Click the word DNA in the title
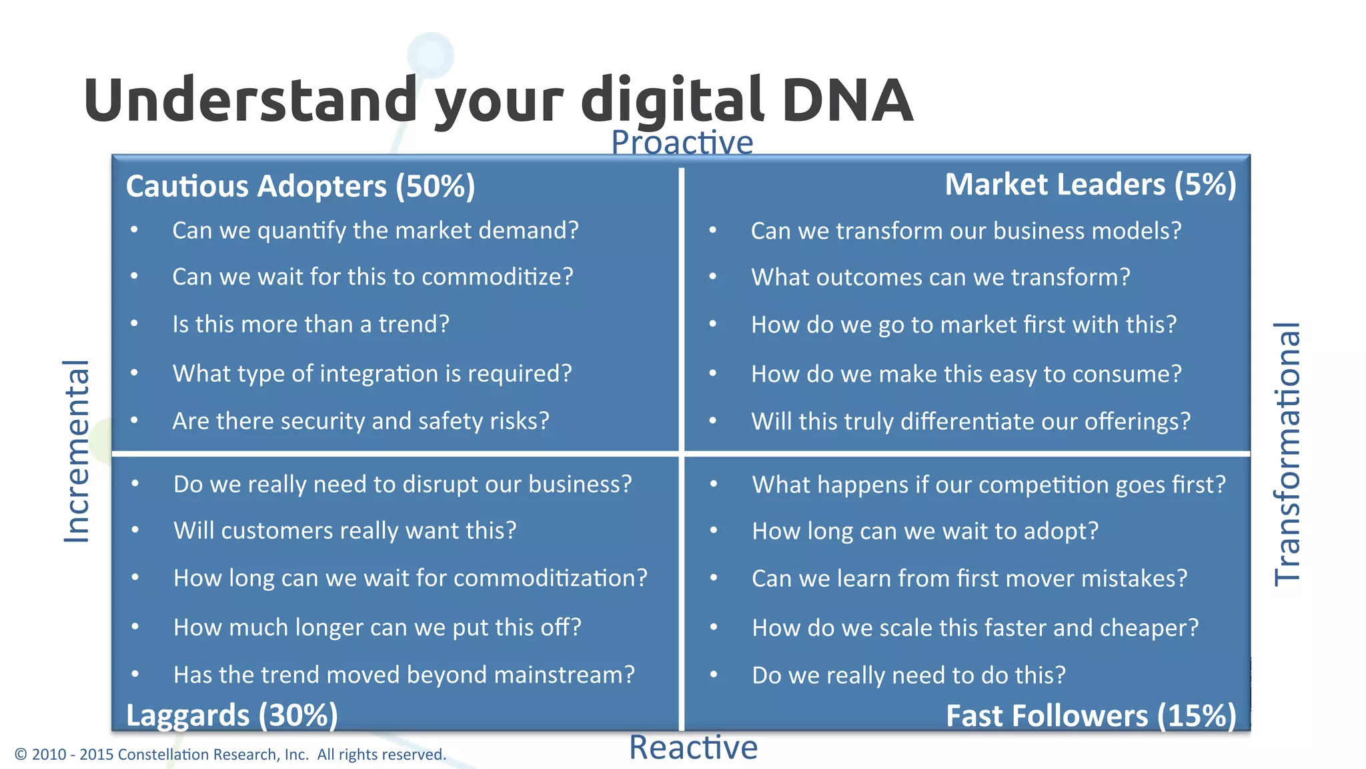847,100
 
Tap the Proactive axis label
682,142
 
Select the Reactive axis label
693,747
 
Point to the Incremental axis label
76,451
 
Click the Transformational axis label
1287,454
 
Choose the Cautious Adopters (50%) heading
300,186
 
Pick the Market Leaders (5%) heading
1091,185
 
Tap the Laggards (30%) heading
231,716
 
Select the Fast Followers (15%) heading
1091,716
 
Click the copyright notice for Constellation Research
230,754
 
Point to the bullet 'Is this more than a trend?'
311,324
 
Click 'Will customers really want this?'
345,531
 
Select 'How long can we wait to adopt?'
925,531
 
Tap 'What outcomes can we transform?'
940,277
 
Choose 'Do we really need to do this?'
908,676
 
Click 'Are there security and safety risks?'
361,421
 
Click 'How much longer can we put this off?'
378,627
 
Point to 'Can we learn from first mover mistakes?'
969,578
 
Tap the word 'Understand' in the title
250,100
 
